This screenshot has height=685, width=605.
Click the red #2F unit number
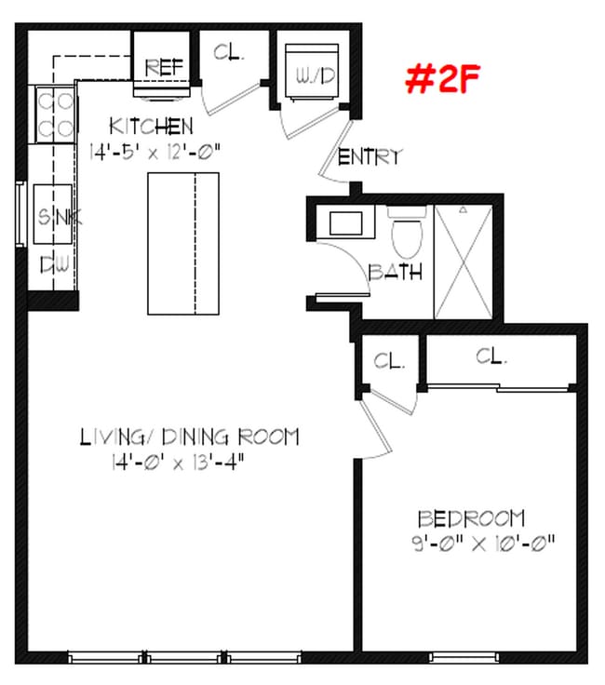[x=442, y=79]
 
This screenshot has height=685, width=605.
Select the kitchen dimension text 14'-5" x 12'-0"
[x=154, y=149]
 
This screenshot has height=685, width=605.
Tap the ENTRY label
[x=370, y=157]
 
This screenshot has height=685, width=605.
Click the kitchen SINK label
[x=57, y=218]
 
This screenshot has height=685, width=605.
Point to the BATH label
[x=396, y=273]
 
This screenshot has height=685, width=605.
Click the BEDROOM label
[x=471, y=518]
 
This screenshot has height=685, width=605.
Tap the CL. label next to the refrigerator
[x=228, y=53]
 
